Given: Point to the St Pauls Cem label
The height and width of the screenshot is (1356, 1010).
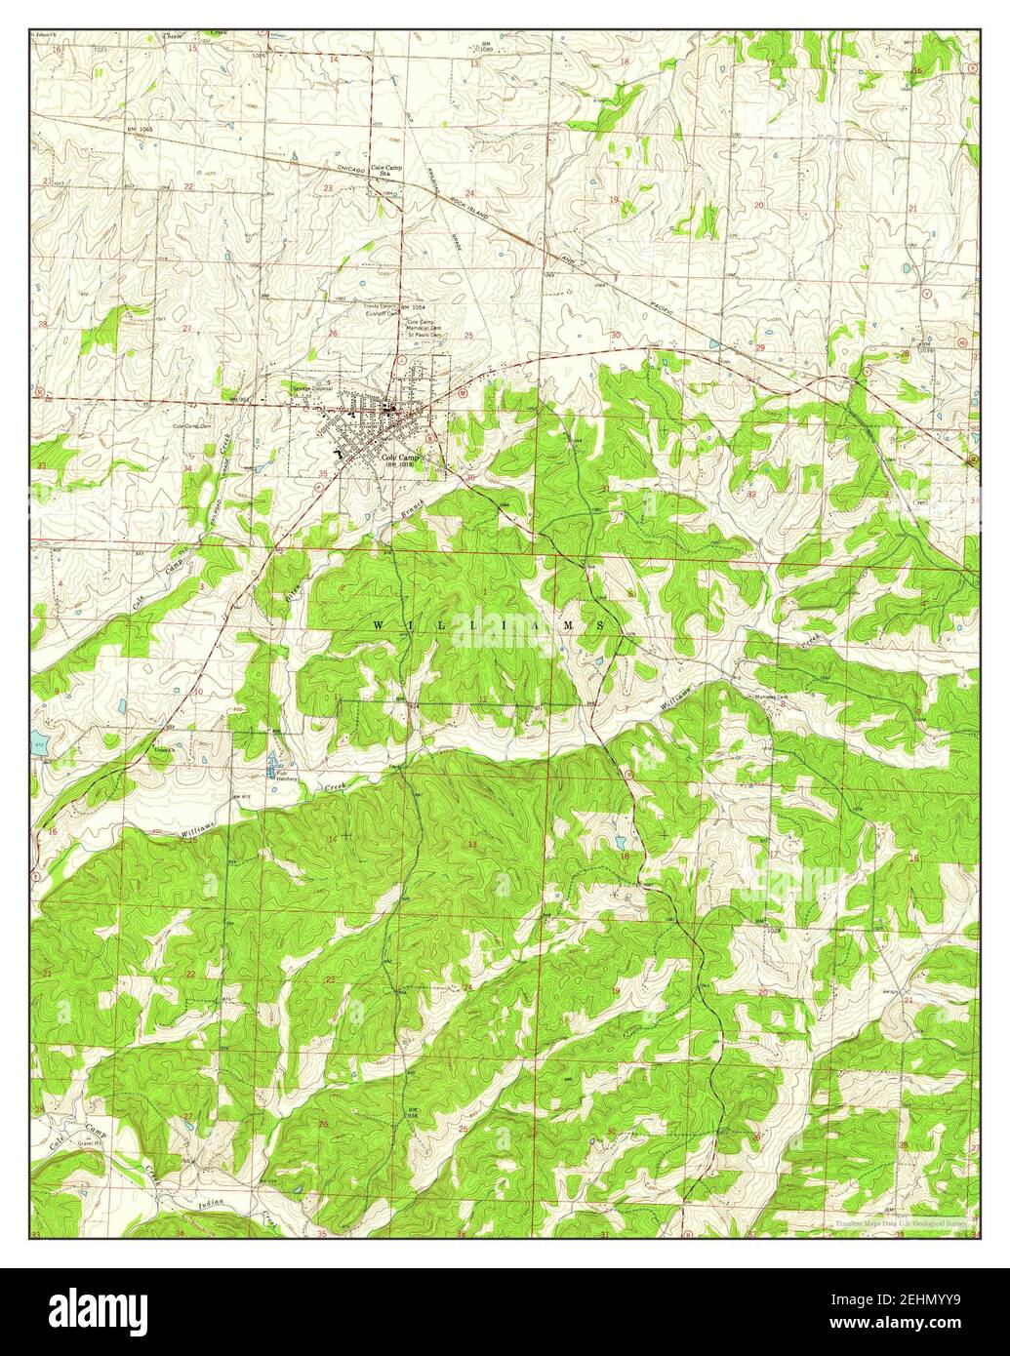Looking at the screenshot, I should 425,335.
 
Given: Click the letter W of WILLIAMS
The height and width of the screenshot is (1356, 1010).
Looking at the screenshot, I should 379,623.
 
